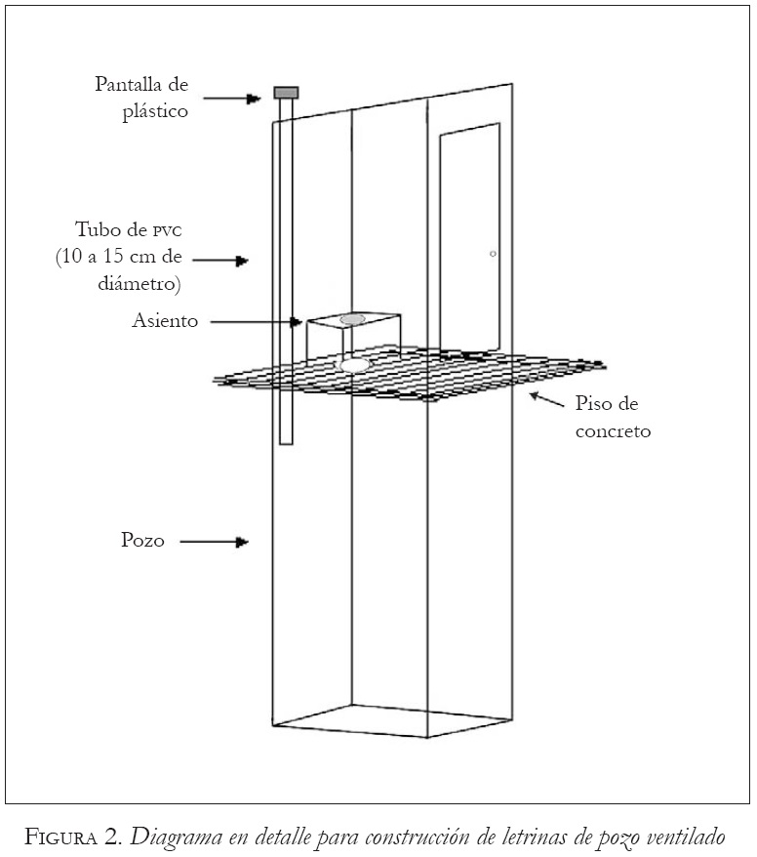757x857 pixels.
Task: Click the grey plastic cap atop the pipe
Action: (286, 93)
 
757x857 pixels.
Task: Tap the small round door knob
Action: (494, 254)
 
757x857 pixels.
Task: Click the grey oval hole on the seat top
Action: (352, 319)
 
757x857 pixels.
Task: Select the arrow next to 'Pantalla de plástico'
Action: (232, 98)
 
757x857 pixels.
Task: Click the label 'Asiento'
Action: (164, 320)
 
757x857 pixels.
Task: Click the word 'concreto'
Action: (613, 429)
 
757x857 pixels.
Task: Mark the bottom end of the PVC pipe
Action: (286, 442)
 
